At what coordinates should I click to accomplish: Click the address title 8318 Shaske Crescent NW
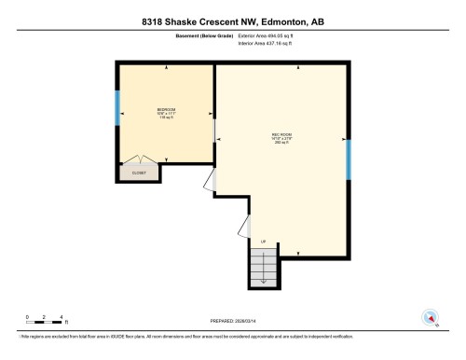coord(233,21)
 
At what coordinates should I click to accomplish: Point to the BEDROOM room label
coord(167,110)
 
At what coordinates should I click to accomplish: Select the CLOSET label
coord(139,173)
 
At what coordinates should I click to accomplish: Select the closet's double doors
coord(139,159)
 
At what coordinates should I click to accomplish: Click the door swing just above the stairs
coord(246,226)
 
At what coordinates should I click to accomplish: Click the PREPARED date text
coord(233,320)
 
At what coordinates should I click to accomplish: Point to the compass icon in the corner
coord(430,317)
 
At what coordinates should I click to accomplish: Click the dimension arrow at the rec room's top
coord(296,68)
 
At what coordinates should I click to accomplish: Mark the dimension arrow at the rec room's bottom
coord(296,253)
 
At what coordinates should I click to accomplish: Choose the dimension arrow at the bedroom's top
coord(167,68)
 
